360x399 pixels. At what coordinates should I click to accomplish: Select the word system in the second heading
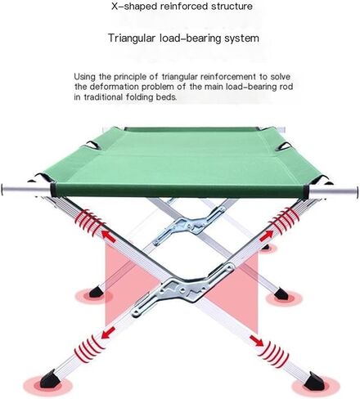pyautogui.click(x=241, y=38)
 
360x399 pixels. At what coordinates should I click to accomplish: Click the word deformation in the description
pyautogui.click(x=115, y=87)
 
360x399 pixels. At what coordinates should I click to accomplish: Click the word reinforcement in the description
pyautogui.click(x=228, y=77)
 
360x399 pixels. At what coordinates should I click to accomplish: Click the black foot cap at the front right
pyautogui.click(x=314, y=381)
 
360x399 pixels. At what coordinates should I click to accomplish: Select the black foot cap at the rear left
pyautogui.click(x=96, y=292)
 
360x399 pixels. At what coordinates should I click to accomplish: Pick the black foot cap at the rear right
pyautogui.click(x=281, y=294)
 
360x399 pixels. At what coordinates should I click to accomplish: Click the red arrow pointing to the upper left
pyautogui.click(x=108, y=235)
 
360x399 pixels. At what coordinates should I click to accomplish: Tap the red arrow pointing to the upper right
pyautogui.click(x=266, y=235)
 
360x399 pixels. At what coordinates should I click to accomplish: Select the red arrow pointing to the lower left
pyautogui.click(x=108, y=333)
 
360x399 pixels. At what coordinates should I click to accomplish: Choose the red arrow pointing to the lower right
pyautogui.click(x=256, y=340)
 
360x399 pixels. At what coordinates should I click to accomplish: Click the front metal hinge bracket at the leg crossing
pyautogui.click(x=183, y=288)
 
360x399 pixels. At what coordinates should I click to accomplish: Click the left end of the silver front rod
pyautogui.click(x=2, y=190)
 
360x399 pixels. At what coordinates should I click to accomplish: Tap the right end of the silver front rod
pyautogui.click(x=357, y=192)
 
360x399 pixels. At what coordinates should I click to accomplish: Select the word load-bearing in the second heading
pyautogui.click(x=190, y=38)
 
